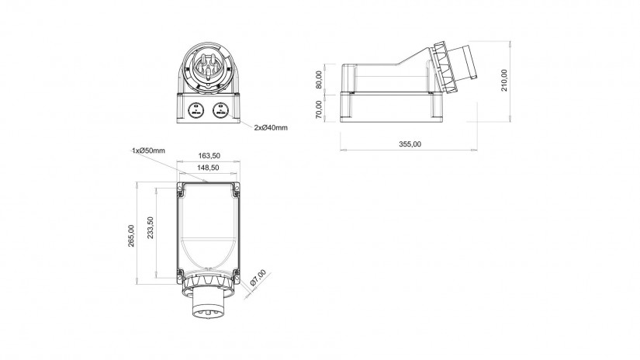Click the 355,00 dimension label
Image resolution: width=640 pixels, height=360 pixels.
(410, 144)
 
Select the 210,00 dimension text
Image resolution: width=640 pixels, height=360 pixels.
(504, 80)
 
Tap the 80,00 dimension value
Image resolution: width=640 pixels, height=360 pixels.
(319, 80)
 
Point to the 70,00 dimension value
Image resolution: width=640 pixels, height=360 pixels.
(319, 109)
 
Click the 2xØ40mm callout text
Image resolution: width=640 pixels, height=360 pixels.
(271, 128)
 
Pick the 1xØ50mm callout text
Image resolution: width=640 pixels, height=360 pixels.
(148, 151)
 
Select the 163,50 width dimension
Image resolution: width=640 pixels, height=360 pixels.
(209, 155)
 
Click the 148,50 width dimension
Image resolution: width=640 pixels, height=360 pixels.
(208, 168)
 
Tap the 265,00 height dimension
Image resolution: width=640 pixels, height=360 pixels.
(131, 236)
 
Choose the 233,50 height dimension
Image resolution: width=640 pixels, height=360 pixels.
(150, 228)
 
